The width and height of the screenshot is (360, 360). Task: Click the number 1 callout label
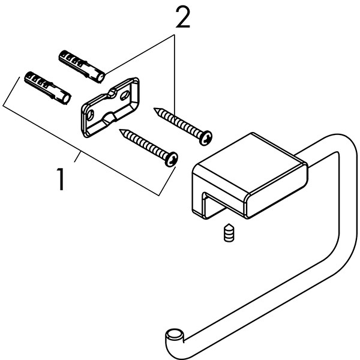pos(61,179)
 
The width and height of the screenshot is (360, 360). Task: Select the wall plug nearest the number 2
pos(82,64)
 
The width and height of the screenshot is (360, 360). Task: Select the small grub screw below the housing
pos(228,233)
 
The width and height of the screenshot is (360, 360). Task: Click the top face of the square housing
pos(249,158)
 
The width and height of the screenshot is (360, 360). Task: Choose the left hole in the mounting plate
pos(91,113)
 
